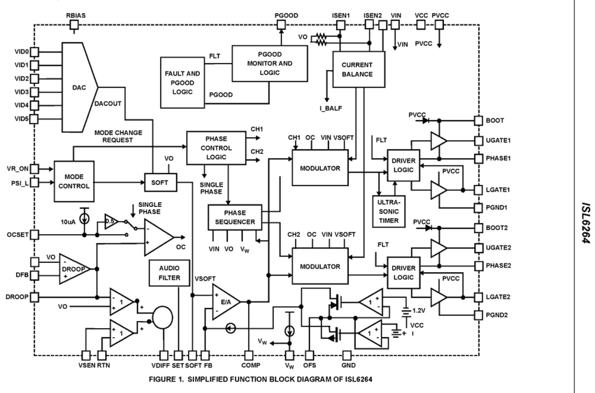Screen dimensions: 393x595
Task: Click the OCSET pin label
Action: tap(16, 234)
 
